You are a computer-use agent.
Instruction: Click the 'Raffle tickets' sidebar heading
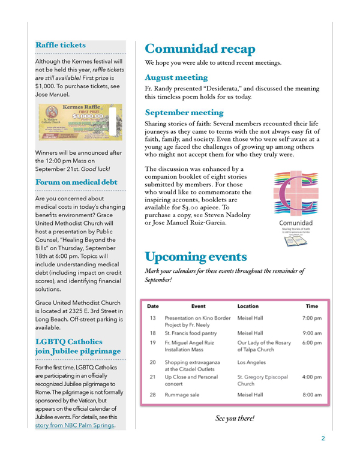pyautogui.click(x=61, y=45)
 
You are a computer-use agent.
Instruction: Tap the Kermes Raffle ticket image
pyautogui.click(x=80, y=122)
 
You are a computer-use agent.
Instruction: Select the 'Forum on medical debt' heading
pyautogui.click(x=76, y=182)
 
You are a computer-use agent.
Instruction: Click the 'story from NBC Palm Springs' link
pyautogui.click(x=75, y=426)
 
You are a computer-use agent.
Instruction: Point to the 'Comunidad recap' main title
pyautogui.click(x=200, y=49)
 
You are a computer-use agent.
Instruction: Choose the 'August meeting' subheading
pyautogui.click(x=176, y=77)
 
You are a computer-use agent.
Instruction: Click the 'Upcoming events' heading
pyautogui.click(x=196, y=257)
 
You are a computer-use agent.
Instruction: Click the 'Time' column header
pyautogui.click(x=312, y=306)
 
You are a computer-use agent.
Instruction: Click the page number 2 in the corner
pyautogui.click(x=322, y=438)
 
